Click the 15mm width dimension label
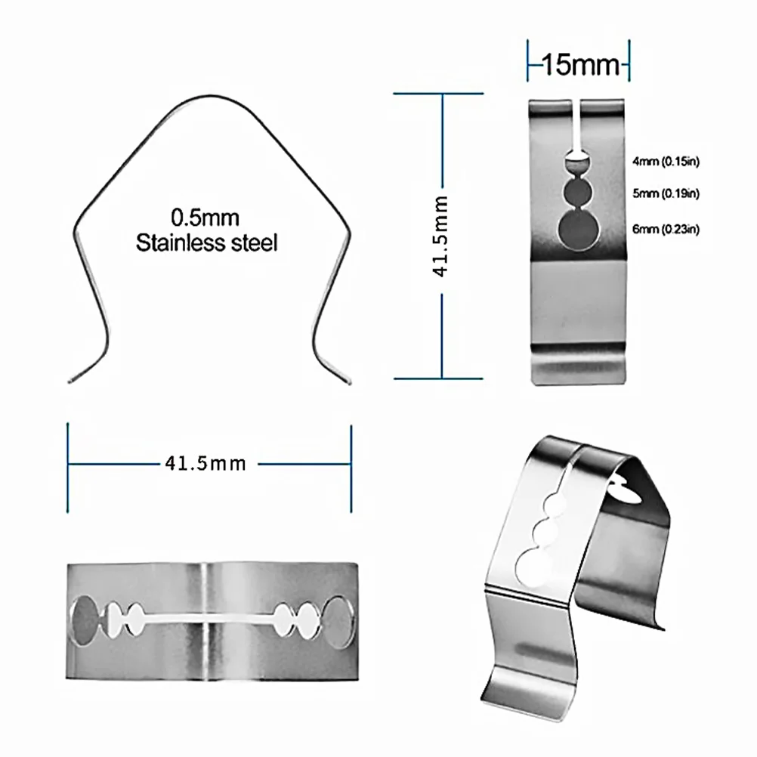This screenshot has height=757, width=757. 579,66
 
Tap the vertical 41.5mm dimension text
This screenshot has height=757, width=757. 441,236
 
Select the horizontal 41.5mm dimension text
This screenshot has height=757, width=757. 205,462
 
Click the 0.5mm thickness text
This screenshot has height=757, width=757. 205,219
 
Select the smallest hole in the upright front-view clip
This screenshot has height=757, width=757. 579,160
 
